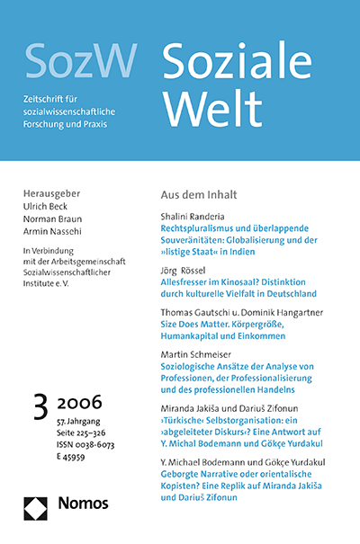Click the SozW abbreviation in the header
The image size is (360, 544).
point(81,59)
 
